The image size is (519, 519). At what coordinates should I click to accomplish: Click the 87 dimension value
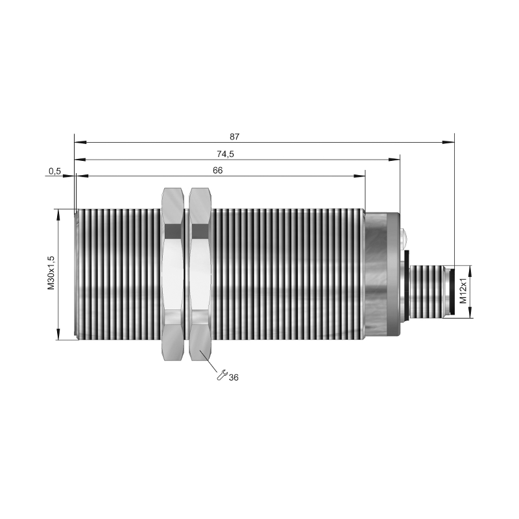234,137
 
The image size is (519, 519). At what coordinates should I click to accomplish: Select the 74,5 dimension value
225,154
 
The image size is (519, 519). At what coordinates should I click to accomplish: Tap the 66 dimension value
217,171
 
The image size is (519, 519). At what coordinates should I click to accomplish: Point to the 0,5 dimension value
54,171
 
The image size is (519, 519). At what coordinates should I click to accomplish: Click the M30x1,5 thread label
51,273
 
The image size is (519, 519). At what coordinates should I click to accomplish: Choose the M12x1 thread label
463,291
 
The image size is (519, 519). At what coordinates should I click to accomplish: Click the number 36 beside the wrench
234,378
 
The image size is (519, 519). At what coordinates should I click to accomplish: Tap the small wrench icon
221,375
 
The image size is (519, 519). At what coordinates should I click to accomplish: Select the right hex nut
200,274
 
